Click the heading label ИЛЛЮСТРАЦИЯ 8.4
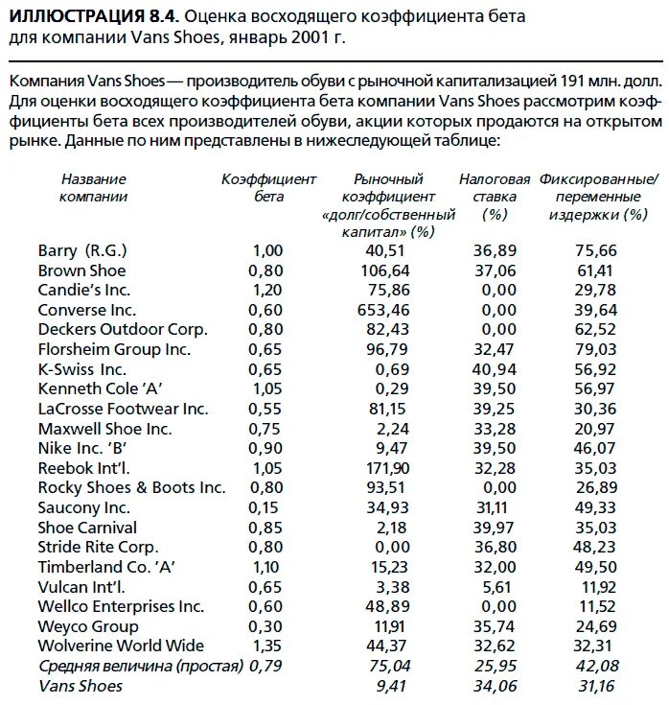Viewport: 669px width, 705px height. tap(92, 17)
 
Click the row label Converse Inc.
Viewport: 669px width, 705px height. tap(87, 310)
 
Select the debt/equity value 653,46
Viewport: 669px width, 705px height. tap(388, 310)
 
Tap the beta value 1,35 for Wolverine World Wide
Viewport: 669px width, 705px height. tap(268, 646)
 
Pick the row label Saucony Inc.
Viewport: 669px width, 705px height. tap(83, 507)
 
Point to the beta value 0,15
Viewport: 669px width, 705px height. tap(268, 507)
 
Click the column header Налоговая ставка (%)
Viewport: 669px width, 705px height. tap(495, 197)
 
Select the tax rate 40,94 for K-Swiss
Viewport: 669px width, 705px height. tap(495, 369)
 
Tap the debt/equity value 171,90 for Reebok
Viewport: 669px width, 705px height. tap(388, 468)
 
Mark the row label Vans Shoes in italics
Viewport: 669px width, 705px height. tap(81, 686)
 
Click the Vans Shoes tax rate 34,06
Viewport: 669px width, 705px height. tap(495, 686)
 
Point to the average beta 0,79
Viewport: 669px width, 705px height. tap(268, 667)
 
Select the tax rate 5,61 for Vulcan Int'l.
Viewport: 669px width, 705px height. tap(498, 587)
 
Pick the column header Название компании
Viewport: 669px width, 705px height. tap(93, 188)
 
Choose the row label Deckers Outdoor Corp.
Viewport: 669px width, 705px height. tap(123, 329)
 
